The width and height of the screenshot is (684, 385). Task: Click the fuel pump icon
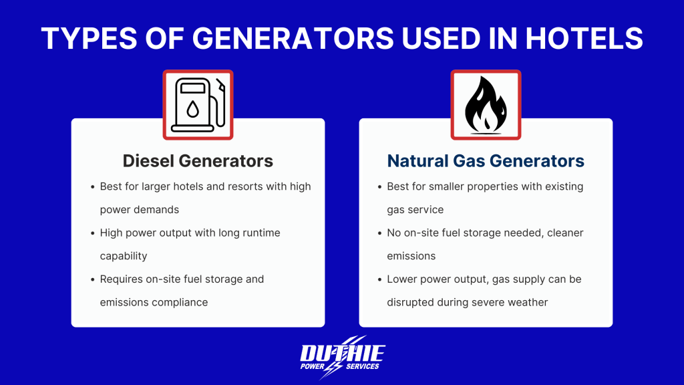[x=198, y=105]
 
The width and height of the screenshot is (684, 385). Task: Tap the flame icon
[x=486, y=105]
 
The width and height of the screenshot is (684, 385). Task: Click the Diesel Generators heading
[x=198, y=161]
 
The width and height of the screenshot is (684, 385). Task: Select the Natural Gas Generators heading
[x=486, y=161]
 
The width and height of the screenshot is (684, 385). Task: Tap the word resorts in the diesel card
[x=247, y=186]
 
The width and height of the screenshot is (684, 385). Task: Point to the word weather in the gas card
[x=527, y=302]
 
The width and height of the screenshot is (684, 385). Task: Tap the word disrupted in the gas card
[x=409, y=302]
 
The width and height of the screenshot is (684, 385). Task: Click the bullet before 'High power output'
[x=92, y=233]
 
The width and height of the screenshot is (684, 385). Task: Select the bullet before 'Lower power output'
[x=379, y=279]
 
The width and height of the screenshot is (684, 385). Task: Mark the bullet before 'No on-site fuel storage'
[x=379, y=233]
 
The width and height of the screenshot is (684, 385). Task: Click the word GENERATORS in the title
[x=277, y=39]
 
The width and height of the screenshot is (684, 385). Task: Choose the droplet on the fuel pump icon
[x=192, y=110]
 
